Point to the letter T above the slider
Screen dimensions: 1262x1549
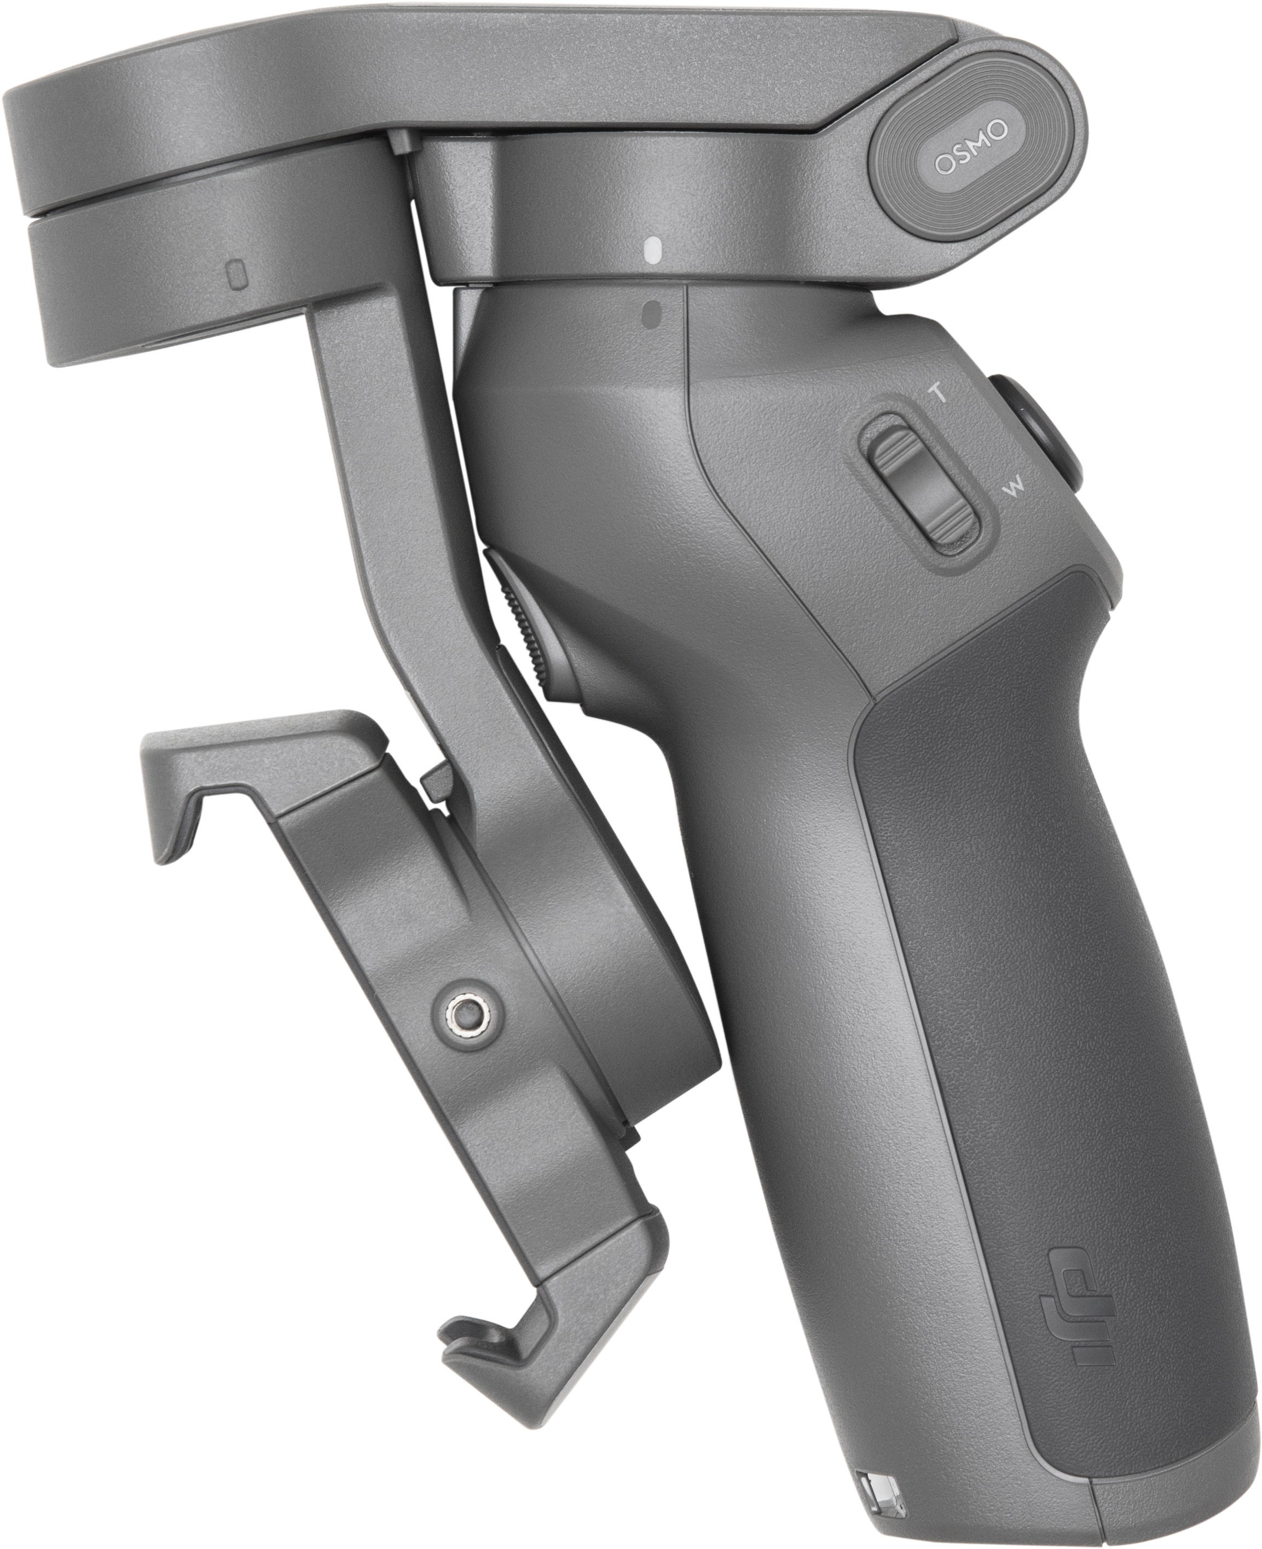coord(939,395)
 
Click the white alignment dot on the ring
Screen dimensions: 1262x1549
coord(652,250)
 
